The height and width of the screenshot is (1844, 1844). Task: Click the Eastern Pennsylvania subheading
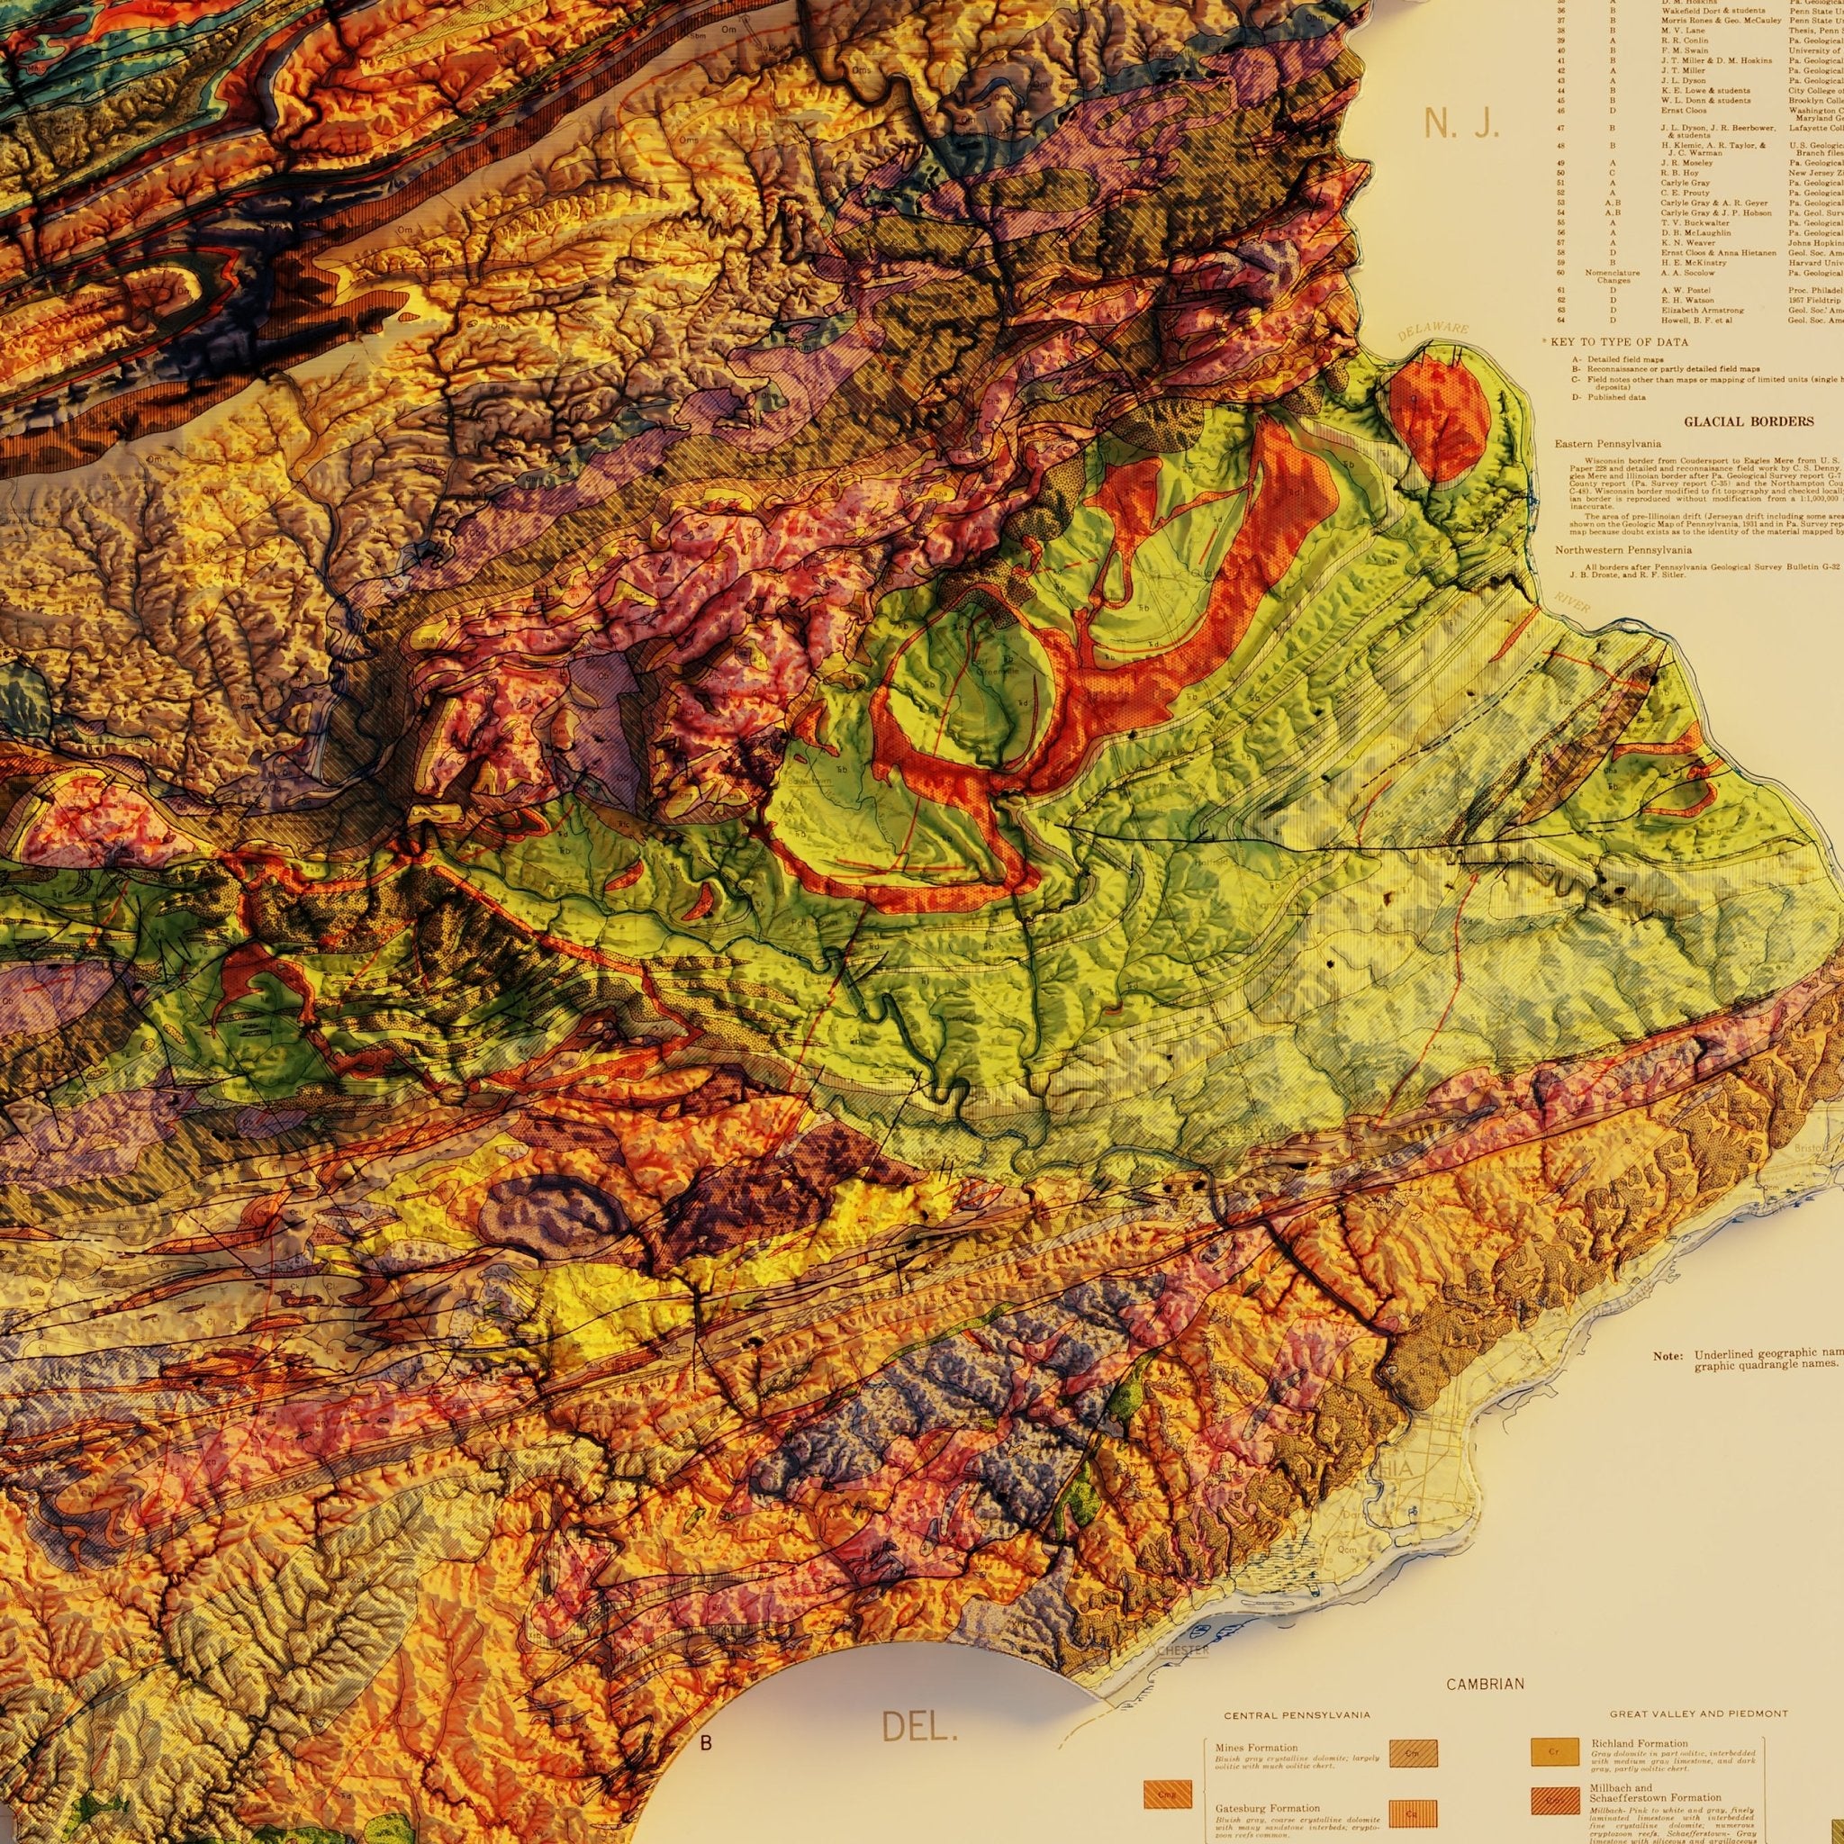[1607, 444]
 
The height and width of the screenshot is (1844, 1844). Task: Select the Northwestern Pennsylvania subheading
[1622, 550]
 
